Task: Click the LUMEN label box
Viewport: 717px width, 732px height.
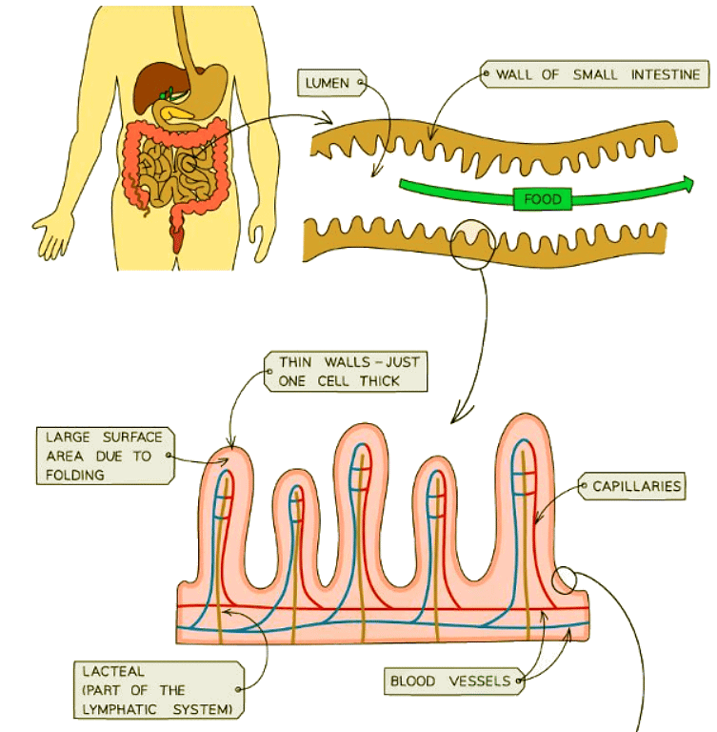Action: (329, 82)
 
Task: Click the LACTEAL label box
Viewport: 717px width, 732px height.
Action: (157, 689)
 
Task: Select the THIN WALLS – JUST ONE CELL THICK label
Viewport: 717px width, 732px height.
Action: (349, 371)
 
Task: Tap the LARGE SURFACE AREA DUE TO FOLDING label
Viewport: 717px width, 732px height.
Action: (98, 456)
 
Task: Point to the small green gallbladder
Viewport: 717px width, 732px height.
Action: (168, 94)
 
